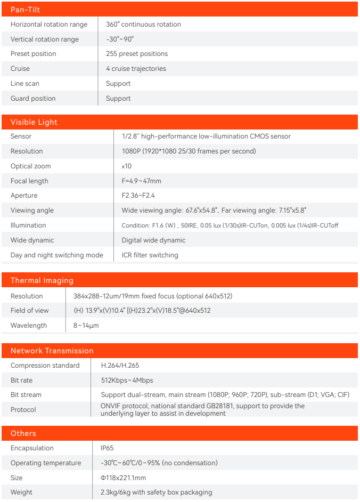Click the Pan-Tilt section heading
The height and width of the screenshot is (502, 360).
click(25, 10)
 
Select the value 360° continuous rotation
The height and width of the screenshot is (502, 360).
click(143, 25)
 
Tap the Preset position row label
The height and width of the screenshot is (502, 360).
click(33, 54)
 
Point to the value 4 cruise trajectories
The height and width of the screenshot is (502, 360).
click(136, 69)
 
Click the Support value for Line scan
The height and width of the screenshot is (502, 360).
click(118, 84)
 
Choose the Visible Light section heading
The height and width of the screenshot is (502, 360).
click(34, 122)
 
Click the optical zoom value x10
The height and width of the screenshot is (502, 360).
click(127, 166)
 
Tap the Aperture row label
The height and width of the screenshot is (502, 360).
click(24, 196)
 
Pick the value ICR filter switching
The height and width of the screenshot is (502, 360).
click(150, 255)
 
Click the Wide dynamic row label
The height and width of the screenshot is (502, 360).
click(32, 240)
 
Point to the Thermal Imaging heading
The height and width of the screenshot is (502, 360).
click(42, 280)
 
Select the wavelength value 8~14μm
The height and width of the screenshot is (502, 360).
click(86, 326)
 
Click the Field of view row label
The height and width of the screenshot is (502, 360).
click(29, 311)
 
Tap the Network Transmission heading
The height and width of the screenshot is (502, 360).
click(52, 351)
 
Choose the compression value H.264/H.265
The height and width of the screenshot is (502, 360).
click(120, 366)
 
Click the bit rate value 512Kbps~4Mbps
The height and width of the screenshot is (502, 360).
click(127, 380)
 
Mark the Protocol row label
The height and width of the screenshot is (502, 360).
click(23, 410)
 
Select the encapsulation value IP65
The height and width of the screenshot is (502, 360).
click(107, 448)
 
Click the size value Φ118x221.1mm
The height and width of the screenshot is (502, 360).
click(123, 478)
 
